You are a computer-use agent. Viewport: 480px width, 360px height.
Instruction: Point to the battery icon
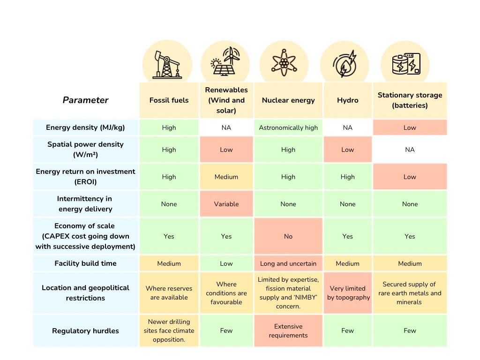coord(406,64)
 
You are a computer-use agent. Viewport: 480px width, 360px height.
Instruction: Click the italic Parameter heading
coord(85,100)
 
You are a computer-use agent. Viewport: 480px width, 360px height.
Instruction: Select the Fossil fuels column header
coord(169,100)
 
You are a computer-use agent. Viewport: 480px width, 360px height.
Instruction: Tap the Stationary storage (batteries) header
coord(410,100)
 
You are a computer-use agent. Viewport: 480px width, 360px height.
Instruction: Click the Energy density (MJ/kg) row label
coord(86,127)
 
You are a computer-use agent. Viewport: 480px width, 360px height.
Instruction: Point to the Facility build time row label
coord(85,263)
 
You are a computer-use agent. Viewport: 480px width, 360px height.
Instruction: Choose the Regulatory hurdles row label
coord(85,330)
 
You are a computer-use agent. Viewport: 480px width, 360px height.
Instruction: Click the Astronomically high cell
coord(288,127)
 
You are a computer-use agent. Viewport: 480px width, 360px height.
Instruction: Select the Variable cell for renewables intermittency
coord(226,204)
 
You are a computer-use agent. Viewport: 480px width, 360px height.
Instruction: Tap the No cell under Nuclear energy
coord(288,236)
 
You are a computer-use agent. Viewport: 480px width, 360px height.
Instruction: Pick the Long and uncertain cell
coord(288,263)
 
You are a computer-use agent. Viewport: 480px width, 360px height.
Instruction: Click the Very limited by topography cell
coord(347,293)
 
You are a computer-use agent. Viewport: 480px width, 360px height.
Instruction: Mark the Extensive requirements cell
coord(288,330)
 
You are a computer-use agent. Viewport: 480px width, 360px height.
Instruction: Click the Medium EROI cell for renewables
coord(226,177)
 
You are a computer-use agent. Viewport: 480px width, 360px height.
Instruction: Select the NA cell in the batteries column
coord(410,150)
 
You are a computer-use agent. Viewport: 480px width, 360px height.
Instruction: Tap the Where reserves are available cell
coord(169,293)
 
